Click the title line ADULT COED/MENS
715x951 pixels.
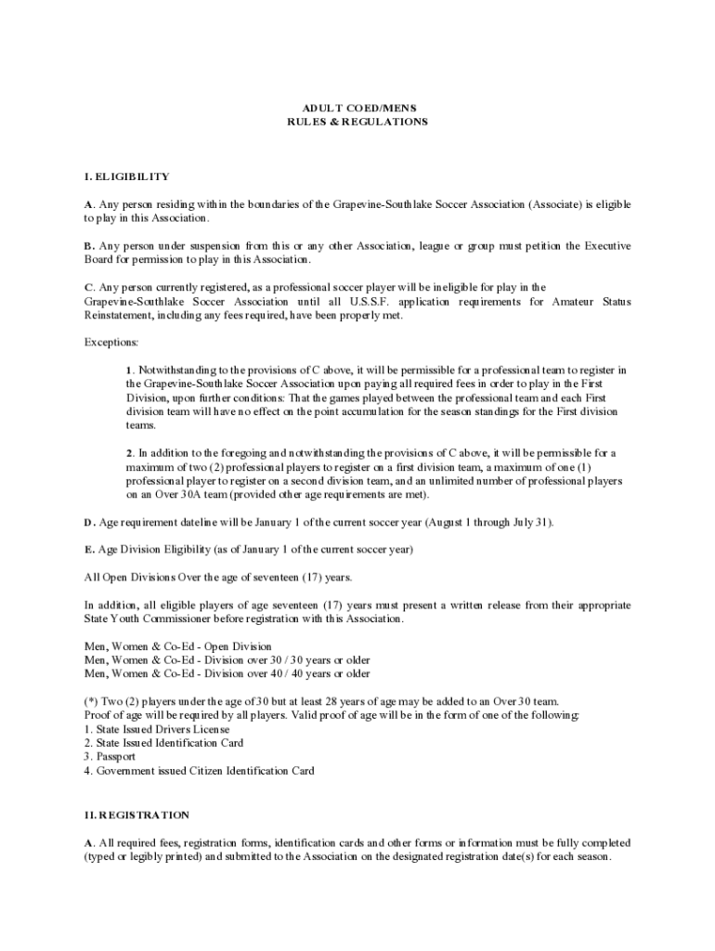357,108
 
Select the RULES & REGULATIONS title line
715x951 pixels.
357,122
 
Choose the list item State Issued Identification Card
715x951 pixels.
168,743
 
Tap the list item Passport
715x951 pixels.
116,757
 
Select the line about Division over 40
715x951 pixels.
227,673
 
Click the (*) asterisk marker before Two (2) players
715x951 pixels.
90,701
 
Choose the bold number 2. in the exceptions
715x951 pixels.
131,453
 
